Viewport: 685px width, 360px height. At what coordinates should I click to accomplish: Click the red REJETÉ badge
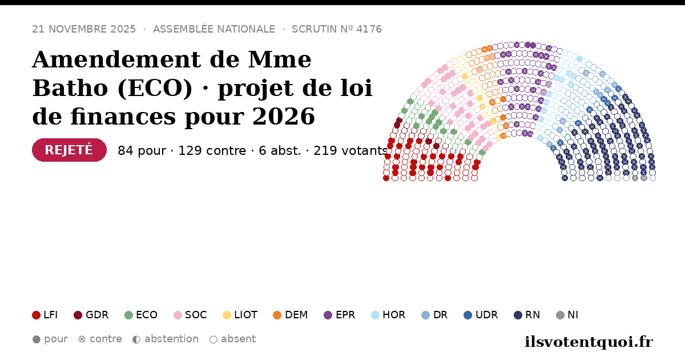click(x=69, y=150)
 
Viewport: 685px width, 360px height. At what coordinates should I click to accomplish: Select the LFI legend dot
click(x=36, y=315)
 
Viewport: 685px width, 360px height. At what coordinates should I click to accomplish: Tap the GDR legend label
click(x=97, y=315)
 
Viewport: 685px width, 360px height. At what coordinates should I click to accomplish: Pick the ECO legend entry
click(x=141, y=315)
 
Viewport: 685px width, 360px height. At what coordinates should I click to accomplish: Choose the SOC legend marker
click(x=178, y=315)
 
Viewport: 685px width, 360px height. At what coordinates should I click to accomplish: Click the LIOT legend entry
click(x=240, y=315)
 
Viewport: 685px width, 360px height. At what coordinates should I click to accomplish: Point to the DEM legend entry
click(x=290, y=315)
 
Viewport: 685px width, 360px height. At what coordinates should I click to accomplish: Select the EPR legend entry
click(x=340, y=315)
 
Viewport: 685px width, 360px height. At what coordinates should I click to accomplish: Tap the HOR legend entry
click(x=388, y=315)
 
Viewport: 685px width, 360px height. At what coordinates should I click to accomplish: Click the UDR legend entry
click(x=481, y=315)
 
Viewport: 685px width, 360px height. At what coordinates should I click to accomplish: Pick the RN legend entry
click(x=527, y=315)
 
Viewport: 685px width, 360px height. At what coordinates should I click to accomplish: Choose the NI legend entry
click(x=567, y=315)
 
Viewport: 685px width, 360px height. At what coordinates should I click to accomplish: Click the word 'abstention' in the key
click(x=172, y=339)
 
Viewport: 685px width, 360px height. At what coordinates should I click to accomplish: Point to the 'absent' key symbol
click(x=213, y=339)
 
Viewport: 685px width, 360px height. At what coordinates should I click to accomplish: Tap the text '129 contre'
click(x=212, y=151)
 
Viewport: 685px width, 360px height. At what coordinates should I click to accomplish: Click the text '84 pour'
click(x=142, y=151)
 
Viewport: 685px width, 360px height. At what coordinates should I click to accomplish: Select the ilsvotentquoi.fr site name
click(x=589, y=342)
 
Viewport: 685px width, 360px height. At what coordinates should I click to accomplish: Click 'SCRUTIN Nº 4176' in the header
click(x=337, y=29)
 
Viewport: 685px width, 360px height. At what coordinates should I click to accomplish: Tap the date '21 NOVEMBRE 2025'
click(x=84, y=29)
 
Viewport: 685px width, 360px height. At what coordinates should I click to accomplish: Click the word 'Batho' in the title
click(x=70, y=88)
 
